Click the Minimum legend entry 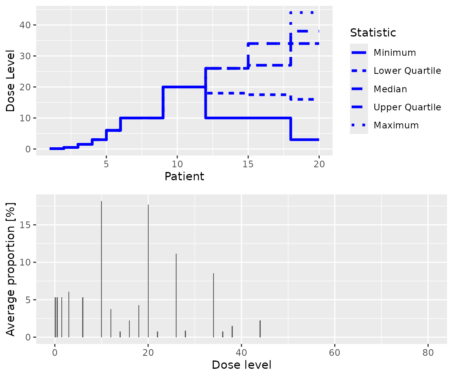coord(394,53)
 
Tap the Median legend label coord(390,89)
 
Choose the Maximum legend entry coord(396,125)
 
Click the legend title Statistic coord(373,33)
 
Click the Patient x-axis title coord(184,176)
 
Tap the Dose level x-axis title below coord(241,365)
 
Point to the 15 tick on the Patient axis coord(248,163)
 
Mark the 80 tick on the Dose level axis coord(428,353)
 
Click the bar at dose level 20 coord(148,271)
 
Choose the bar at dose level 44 coord(260,329)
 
